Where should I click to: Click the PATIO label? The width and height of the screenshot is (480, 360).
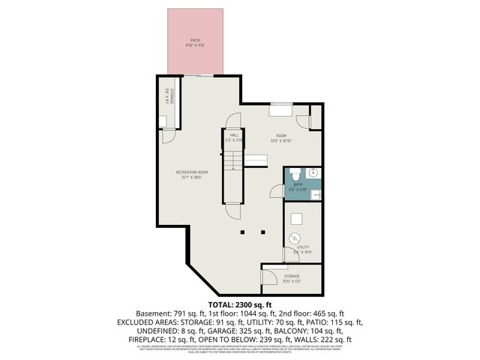coord(195,41)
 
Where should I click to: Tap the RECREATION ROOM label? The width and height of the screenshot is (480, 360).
coord(192,172)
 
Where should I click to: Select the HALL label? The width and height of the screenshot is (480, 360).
coord(235,136)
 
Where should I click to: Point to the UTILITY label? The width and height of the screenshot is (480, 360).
coord(303,247)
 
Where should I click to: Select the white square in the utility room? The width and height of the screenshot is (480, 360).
coord(297,219)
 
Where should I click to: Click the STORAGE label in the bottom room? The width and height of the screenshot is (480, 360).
coord(292,276)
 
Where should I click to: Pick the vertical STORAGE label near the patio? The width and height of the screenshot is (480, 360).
coord(169,97)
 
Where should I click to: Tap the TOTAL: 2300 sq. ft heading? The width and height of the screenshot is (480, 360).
coord(240,304)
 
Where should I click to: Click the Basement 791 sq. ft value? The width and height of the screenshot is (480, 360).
coord(163,313)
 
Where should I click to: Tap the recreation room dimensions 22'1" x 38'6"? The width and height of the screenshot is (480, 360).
coord(192,178)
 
